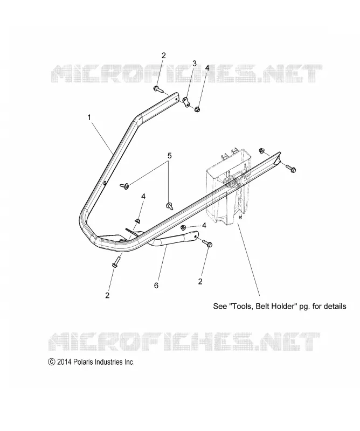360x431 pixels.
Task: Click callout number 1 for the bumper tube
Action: [x=89, y=117]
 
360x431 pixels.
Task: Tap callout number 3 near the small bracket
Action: [x=195, y=64]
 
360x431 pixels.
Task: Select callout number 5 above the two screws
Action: [x=169, y=156]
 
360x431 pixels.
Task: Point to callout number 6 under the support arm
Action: [x=156, y=286]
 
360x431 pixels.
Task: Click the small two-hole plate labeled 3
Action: [x=187, y=101]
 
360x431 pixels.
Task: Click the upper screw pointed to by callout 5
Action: [x=124, y=186]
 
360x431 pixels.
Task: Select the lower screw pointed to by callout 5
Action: [x=169, y=206]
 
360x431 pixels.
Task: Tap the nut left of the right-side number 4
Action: [x=183, y=227]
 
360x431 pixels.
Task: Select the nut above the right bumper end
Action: [x=262, y=150]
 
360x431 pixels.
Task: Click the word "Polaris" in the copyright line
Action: [x=84, y=362]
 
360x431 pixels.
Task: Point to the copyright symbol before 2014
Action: [x=51, y=362]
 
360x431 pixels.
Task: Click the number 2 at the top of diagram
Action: [x=164, y=55]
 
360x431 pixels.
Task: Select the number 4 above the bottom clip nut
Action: [x=143, y=197]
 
